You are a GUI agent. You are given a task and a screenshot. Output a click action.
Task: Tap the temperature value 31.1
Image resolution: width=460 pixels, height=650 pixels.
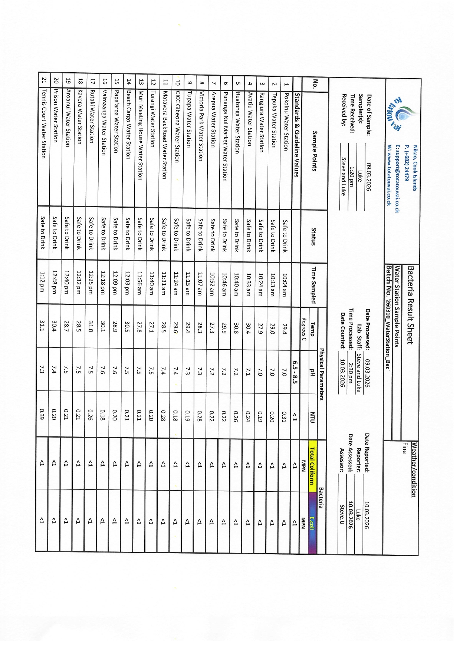pos(43,325)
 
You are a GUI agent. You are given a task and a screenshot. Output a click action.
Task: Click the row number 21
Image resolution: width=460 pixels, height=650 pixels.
pos(44,80)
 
